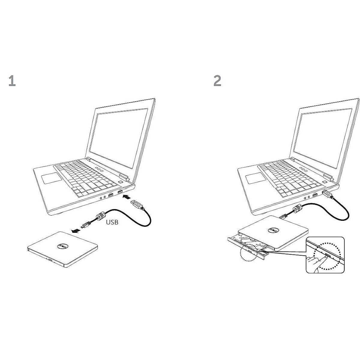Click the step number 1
12,81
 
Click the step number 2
217,81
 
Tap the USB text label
112,223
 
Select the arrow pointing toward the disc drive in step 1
76,230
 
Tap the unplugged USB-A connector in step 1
138,205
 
